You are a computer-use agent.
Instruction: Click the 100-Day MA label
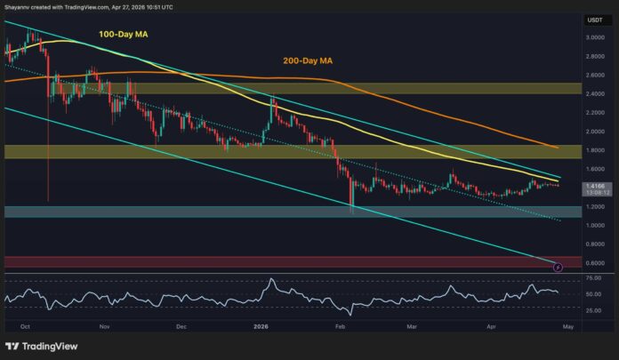(123, 35)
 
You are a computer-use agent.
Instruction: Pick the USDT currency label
(594, 19)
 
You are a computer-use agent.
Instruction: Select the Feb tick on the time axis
(341, 327)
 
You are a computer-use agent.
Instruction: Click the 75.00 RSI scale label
(594, 279)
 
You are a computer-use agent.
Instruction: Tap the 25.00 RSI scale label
(594, 309)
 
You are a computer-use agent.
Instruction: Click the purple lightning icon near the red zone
(559, 266)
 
